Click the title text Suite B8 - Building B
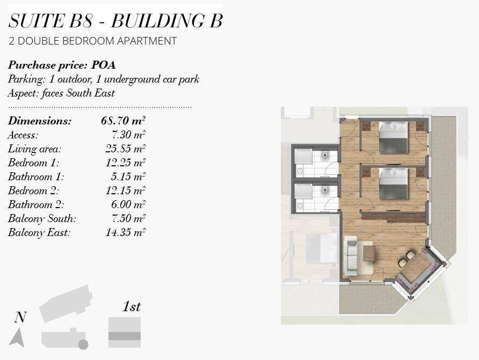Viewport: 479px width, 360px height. [x=115, y=20]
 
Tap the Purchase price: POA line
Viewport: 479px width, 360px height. [x=62, y=65]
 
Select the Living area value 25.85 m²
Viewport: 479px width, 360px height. [x=125, y=149]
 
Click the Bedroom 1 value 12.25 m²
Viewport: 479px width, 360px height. [x=125, y=163]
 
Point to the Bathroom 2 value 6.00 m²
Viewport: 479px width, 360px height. [x=128, y=204]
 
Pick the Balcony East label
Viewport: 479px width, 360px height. [x=39, y=232]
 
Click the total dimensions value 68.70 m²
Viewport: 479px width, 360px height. [x=123, y=121]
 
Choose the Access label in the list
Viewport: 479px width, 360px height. [x=23, y=135]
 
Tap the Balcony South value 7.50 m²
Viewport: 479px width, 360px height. [x=128, y=218]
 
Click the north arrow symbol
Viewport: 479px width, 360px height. [x=17, y=338]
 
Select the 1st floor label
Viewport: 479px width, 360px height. [x=132, y=306]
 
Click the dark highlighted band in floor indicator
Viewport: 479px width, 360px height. [x=125, y=336]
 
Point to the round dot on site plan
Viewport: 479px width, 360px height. [x=83, y=344]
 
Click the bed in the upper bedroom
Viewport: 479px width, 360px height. [x=394, y=137]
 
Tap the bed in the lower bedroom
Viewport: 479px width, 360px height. [x=394, y=183]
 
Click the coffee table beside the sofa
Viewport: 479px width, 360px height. [x=369, y=254]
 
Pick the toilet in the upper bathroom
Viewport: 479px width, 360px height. [x=324, y=156]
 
